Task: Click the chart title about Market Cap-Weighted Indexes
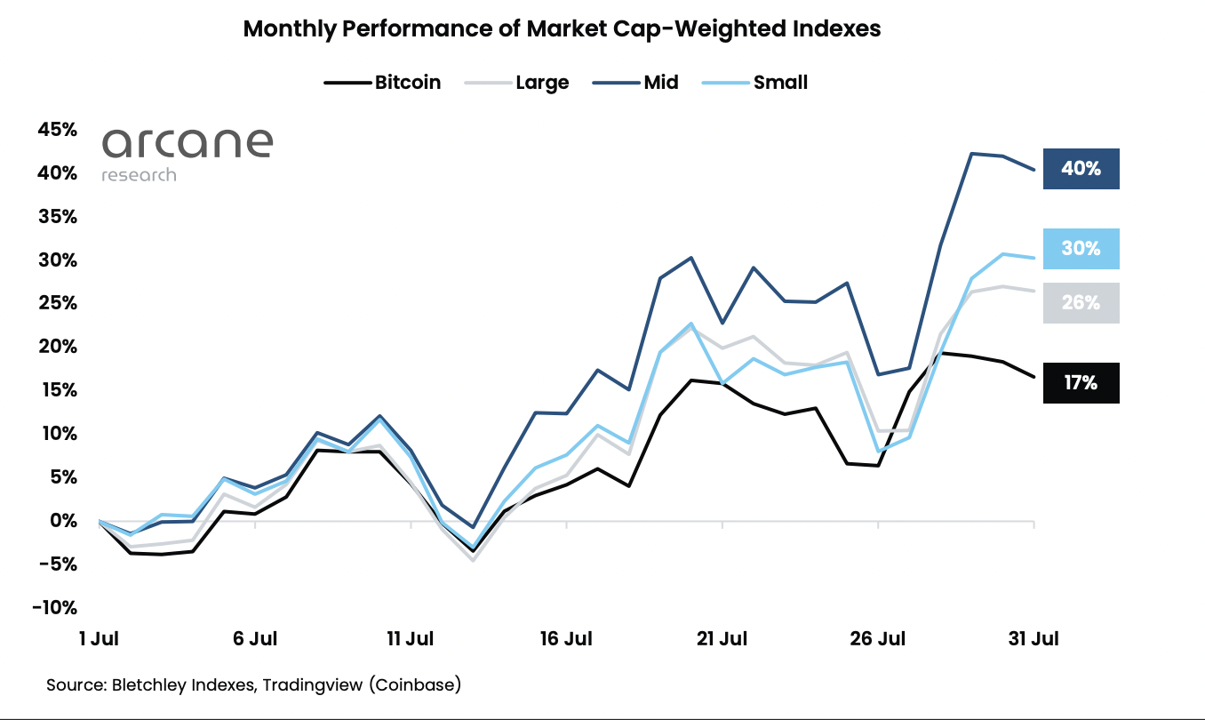562,28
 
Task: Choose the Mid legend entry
658,83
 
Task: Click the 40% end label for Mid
1081,169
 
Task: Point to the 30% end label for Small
1081,249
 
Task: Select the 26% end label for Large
1081,303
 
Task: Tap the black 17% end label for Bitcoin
1081,383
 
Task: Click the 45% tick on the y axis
58,130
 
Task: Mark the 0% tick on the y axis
63,521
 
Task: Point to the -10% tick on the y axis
56,608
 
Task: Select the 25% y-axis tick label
58,304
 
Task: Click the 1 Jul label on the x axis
100,638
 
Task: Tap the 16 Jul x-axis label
566,638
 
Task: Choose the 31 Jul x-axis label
1033,638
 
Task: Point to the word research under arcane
139,175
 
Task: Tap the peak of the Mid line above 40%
972,154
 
